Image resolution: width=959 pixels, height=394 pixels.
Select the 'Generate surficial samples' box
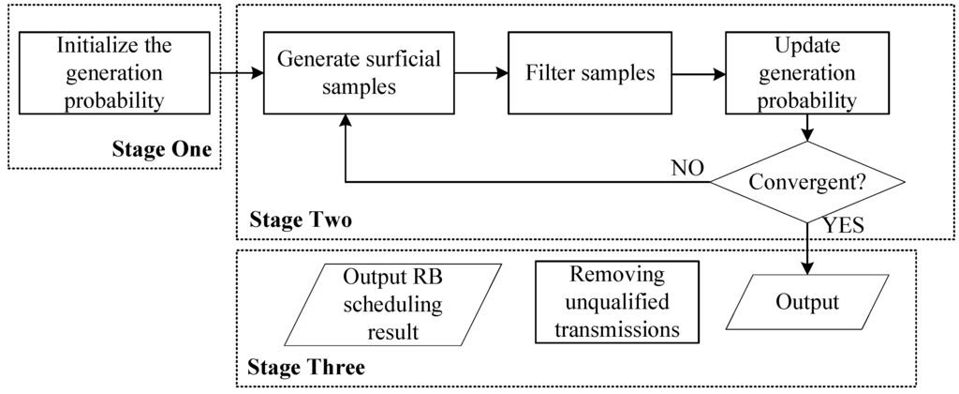pyautogui.click(x=346, y=72)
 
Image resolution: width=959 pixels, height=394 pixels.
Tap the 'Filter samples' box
pyautogui.click(x=582, y=72)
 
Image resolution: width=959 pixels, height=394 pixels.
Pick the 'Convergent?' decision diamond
pyautogui.click(x=807, y=182)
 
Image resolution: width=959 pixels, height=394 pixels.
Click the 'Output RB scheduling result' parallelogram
pyautogui.click(x=393, y=305)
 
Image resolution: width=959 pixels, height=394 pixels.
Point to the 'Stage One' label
pyautogui.click(x=161, y=149)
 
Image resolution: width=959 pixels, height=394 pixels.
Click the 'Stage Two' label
pyautogui.click(x=300, y=221)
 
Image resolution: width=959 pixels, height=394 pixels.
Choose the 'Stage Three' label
pyautogui.click(x=306, y=367)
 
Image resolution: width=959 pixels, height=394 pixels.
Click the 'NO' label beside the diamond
pyautogui.click(x=688, y=170)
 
